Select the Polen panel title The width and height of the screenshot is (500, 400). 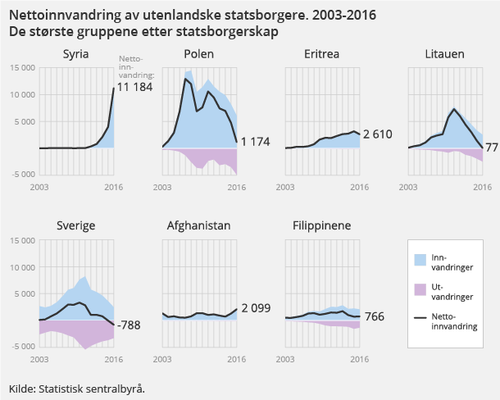point(199,54)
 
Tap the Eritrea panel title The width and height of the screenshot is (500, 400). point(322,54)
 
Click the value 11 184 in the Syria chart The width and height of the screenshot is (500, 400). point(134,87)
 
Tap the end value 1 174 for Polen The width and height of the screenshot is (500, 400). point(254,142)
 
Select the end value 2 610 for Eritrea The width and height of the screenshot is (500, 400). point(378,134)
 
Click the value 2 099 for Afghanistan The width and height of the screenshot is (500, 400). point(255,308)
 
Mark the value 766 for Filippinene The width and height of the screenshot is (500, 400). point(374,316)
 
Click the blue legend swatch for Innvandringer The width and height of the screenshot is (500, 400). point(420,260)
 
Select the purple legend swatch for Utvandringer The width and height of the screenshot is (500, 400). point(420,289)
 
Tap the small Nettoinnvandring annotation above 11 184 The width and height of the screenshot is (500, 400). point(131,66)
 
